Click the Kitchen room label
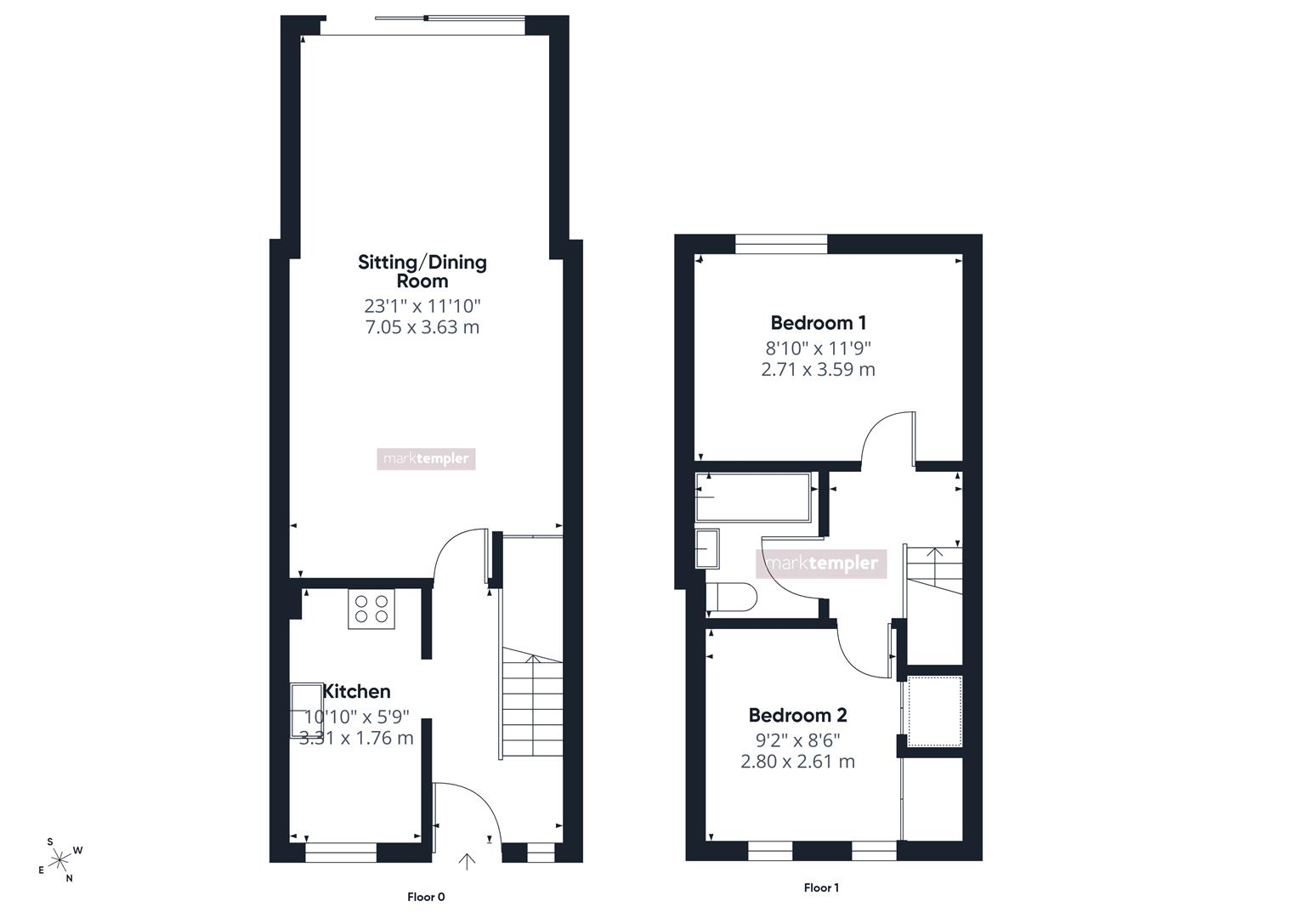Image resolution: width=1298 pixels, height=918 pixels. pyautogui.click(x=356, y=691)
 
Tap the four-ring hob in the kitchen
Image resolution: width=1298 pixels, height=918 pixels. pyautogui.click(x=371, y=609)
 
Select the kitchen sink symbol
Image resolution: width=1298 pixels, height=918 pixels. pyautogui.click(x=307, y=710)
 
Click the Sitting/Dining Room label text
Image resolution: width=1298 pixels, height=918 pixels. pyautogui.click(x=422, y=271)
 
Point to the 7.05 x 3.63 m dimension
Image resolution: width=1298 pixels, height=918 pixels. pyautogui.click(x=422, y=327)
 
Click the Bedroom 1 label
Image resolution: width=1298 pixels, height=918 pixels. pyautogui.click(x=819, y=322)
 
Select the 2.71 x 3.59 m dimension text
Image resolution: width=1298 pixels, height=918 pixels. pyautogui.click(x=819, y=369)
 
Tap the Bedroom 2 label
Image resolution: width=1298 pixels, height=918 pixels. pyautogui.click(x=798, y=715)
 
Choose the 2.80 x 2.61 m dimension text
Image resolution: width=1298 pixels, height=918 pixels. pyautogui.click(x=798, y=761)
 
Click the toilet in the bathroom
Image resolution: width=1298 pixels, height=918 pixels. pyautogui.click(x=731, y=597)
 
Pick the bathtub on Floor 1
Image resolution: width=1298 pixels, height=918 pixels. pyautogui.click(x=753, y=497)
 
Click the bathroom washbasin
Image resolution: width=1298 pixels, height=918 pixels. pyautogui.click(x=707, y=548)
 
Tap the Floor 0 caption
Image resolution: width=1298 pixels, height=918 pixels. pyautogui.click(x=426, y=897)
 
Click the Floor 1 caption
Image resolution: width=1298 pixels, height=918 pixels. pyautogui.click(x=821, y=888)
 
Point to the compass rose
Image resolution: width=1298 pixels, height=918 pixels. pyautogui.click(x=60, y=860)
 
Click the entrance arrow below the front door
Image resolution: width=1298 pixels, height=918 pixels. pyautogui.click(x=467, y=861)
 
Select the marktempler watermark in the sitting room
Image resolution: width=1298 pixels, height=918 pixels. pyautogui.click(x=426, y=459)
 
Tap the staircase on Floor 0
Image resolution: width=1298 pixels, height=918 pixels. pyautogui.click(x=532, y=702)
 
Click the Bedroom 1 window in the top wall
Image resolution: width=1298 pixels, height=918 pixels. pyautogui.click(x=781, y=244)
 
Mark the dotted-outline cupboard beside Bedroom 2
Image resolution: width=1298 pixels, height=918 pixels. pyautogui.click(x=935, y=711)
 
